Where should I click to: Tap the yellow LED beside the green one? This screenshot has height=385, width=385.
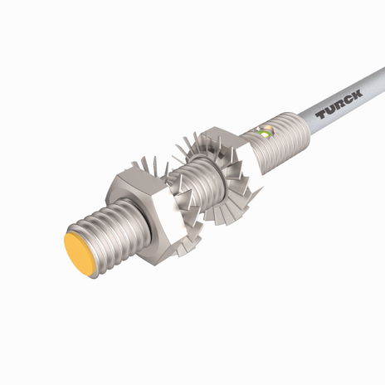pyautogui.click(x=263, y=135)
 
